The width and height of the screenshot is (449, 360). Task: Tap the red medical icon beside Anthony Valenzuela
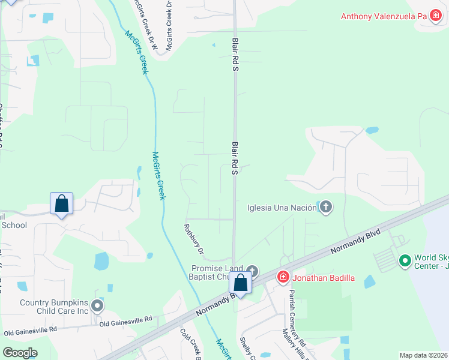click(435, 16)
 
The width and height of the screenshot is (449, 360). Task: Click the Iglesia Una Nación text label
click(282, 208)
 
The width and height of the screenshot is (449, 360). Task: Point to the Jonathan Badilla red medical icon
click(283, 277)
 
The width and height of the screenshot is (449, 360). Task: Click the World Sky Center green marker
click(405, 260)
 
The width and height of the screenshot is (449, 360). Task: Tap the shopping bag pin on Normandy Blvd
click(241, 283)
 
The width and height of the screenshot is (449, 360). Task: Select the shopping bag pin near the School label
click(62, 204)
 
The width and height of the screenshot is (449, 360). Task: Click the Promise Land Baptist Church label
click(217, 272)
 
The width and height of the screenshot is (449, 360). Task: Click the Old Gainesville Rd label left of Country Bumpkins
click(30, 329)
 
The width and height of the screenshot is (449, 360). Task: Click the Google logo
click(20, 352)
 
